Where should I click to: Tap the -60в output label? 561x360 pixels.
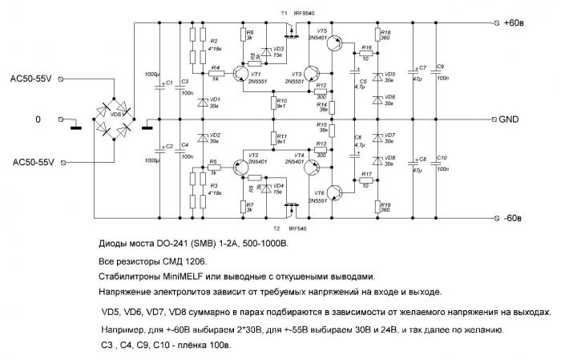click(516, 217)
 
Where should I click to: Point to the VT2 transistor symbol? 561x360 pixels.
click(240, 167)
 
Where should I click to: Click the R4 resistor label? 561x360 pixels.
click(216, 67)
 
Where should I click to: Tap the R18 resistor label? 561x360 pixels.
click(385, 33)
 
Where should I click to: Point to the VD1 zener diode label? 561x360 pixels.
click(213, 99)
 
